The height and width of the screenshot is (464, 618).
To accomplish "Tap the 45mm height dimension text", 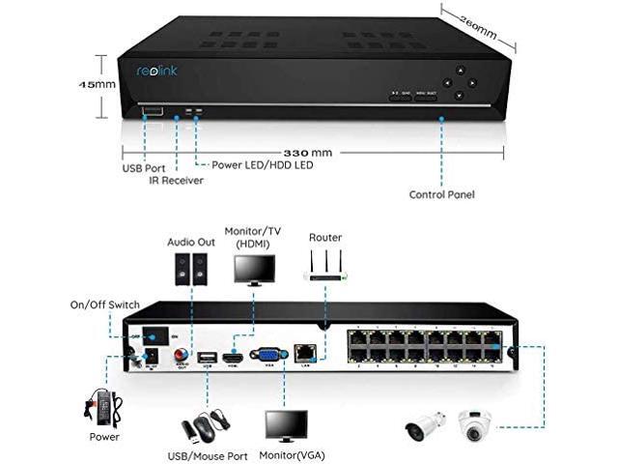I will [97, 84].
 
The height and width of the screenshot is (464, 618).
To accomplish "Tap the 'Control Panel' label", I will [441, 194].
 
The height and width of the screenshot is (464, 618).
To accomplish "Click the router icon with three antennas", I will [324, 268].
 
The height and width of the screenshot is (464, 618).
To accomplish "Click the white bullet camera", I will [428, 426].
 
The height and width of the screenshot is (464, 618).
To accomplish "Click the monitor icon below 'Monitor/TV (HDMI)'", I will [253, 270].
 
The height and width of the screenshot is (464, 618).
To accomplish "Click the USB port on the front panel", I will [153, 113].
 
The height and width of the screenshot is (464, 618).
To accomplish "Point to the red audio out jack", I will [181, 358].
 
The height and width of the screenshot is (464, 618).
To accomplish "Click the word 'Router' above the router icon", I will [324, 237].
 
